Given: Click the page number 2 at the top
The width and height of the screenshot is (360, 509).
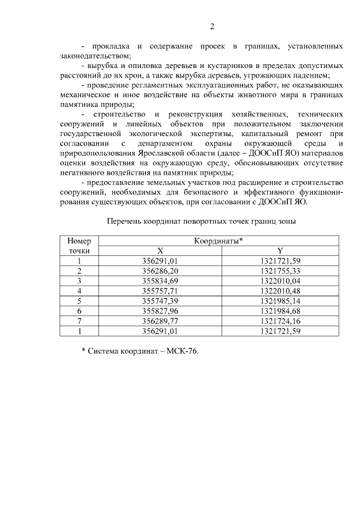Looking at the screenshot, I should pyautogui.click(x=213, y=26).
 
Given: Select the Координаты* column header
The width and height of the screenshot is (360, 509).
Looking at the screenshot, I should pyautogui.click(x=218, y=241).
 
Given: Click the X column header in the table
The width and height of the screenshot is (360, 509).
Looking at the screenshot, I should pyautogui.click(x=160, y=250).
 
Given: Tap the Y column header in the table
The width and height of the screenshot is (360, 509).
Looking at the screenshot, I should pyautogui.click(x=280, y=250).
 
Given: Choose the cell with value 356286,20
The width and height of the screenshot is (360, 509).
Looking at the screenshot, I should pyautogui.click(x=160, y=271).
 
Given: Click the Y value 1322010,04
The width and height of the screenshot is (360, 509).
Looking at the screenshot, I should pyautogui.click(x=280, y=281).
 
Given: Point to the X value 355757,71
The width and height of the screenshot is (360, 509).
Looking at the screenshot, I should pyautogui.click(x=160, y=291).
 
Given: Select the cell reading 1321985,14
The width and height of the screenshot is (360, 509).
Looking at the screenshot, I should pyautogui.click(x=280, y=301).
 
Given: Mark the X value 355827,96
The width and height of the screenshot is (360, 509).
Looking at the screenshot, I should pyautogui.click(x=160, y=311).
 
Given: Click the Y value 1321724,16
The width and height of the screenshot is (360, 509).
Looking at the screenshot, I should pyautogui.click(x=280, y=321).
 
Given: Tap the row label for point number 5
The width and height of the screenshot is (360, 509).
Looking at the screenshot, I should pyautogui.click(x=79, y=301).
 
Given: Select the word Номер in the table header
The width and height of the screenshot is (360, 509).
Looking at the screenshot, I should pyautogui.click(x=79, y=241).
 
